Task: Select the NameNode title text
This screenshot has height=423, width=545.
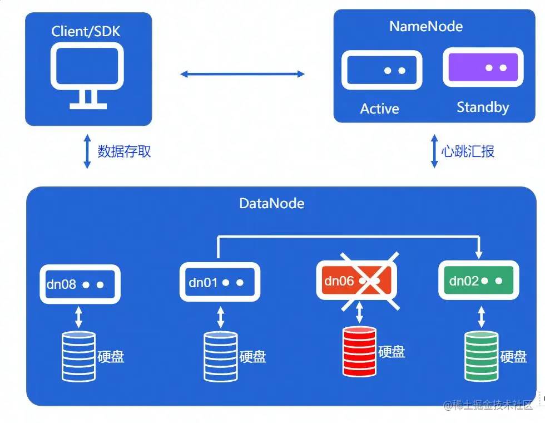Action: [x=426, y=26]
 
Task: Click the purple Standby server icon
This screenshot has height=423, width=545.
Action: [x=483, y=68]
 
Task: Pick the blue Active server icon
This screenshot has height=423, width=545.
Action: [x=381, y=70]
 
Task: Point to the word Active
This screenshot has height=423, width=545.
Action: [x=380, y=109]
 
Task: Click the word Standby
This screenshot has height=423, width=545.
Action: [x=483, y=107]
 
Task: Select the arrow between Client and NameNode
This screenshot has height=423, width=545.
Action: [x=242, y=73]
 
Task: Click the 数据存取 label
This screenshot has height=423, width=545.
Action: [x=124, y=151]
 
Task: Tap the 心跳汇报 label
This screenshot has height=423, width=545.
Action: [x=468, y=151]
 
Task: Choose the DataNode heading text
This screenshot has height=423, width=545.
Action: [x=272, y=203]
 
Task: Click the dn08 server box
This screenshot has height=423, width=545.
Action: [x=80, y=284]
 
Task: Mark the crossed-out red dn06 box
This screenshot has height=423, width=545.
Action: [x=356, y=281]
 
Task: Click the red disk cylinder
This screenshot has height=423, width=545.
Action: [x=359, y=351]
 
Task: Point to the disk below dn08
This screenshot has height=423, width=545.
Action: [x=78, y=356]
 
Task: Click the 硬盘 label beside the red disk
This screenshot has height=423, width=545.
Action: [x=392, y=352]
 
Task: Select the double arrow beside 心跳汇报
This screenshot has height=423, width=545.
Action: [x=435, y=151]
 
